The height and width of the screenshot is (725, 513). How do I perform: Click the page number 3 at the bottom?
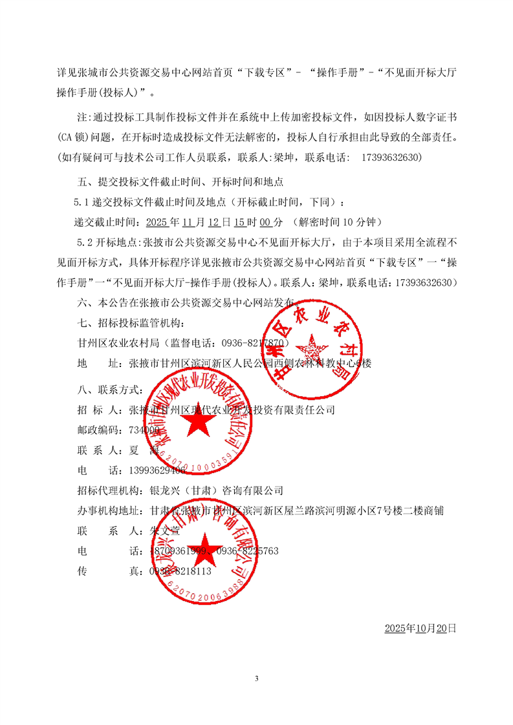[257, 678]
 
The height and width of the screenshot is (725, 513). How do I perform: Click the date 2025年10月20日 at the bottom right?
[420, 628]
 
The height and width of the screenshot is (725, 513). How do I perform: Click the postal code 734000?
[144, 430]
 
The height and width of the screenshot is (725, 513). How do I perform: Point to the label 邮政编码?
[98, 430]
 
